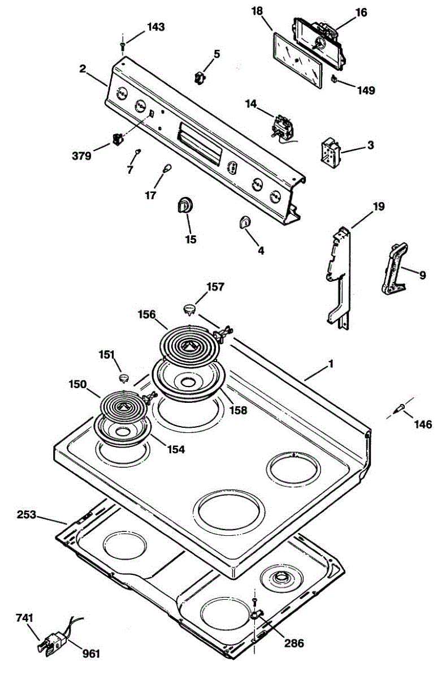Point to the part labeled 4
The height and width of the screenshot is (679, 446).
[244, 222]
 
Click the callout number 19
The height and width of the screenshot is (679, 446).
[378, 207]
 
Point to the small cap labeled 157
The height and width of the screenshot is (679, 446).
[190, 308]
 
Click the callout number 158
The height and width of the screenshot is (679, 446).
[239, 410]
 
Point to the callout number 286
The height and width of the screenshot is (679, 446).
[293, 643]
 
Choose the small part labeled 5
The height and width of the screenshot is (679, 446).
[200, 78]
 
